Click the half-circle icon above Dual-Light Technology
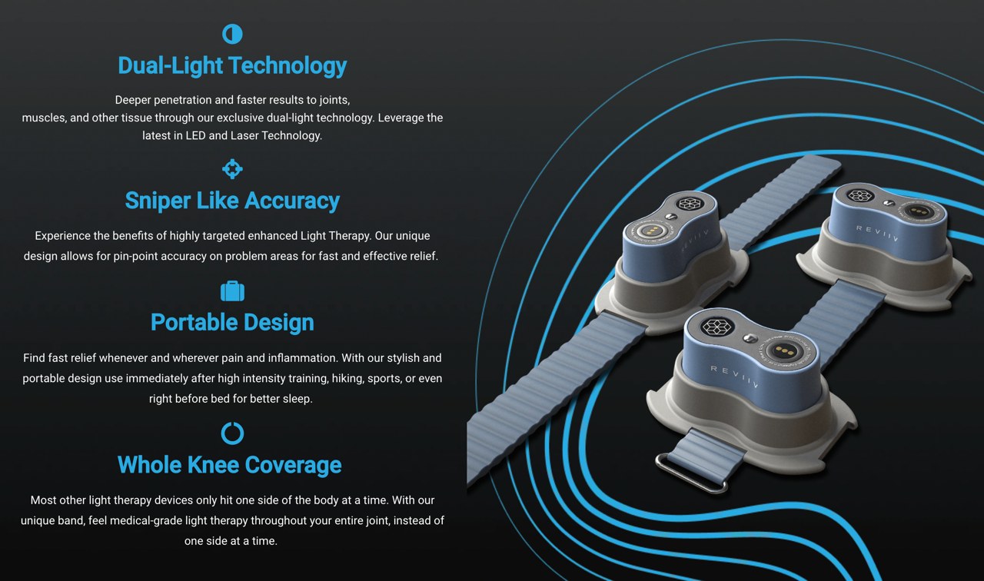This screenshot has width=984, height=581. click(x=232, y=34)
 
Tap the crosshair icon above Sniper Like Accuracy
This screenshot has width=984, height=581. click(x=232, y=169)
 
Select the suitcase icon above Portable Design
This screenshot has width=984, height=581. click(x=232, y=291)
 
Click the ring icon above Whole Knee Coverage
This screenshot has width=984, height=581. click(x=232, y=433)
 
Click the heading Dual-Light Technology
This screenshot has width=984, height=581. click(x=232, y=65)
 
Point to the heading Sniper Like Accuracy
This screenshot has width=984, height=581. click(x=232, y=201)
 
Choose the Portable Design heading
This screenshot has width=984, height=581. click(x=232, y=322)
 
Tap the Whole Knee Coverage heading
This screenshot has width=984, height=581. click(x=230, y=465)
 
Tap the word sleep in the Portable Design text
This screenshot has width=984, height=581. click(x=296, y=399)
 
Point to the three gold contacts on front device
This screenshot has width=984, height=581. click(x=785, y=351)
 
